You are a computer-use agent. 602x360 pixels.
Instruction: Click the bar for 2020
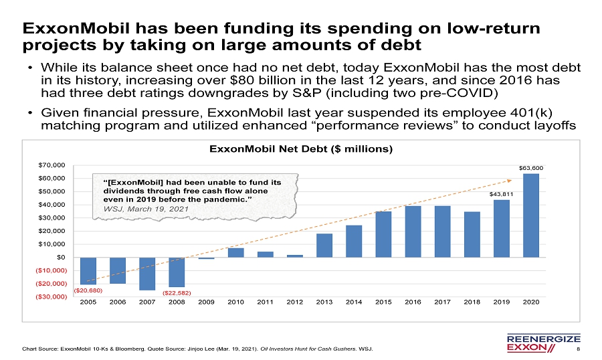(531, 215)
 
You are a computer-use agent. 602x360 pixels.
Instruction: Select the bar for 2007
(147, 274)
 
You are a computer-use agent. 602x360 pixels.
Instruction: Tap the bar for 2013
(324, 246)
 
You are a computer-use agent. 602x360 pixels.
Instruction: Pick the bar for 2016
(413, 232)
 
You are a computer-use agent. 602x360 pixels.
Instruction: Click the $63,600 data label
(531, 168)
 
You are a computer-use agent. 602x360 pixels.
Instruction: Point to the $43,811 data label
(502, 195)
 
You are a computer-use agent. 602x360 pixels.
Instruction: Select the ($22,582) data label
(177, 293)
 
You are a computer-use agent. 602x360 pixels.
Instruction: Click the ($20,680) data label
(88, 290)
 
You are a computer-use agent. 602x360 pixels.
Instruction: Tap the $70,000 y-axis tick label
(52, 165)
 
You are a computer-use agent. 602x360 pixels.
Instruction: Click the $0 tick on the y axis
(61, 258)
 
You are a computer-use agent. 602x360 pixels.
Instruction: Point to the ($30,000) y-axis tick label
(51, 297)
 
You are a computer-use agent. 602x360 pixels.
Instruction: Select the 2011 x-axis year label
(266, 302)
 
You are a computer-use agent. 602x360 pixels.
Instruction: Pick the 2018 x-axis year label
(472, 302)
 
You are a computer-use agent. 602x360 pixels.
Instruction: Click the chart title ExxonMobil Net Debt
(301, 149)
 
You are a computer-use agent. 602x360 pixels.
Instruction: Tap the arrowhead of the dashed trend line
(510, 180)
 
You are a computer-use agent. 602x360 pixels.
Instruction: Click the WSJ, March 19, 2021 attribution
(146, 209)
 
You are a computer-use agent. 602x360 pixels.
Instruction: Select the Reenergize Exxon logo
(544, 343)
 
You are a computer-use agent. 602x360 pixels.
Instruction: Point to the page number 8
(579, 349)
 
